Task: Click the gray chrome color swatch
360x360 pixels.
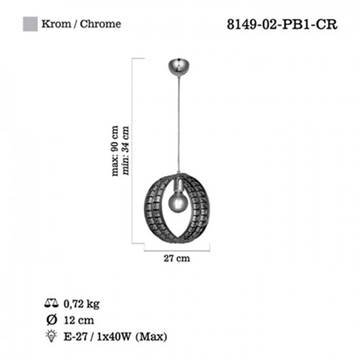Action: point(30,24)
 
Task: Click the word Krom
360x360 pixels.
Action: point(56,24)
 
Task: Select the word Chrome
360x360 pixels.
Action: point(100,24)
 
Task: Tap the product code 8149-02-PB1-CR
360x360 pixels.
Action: point(282,24)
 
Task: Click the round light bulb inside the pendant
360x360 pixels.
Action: point(178,202)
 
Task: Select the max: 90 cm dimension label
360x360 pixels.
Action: point(115,151)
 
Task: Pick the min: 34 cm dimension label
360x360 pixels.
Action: point(126,150)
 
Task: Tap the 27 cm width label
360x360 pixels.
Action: point(177,258)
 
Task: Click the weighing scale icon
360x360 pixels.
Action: point(51,303)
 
